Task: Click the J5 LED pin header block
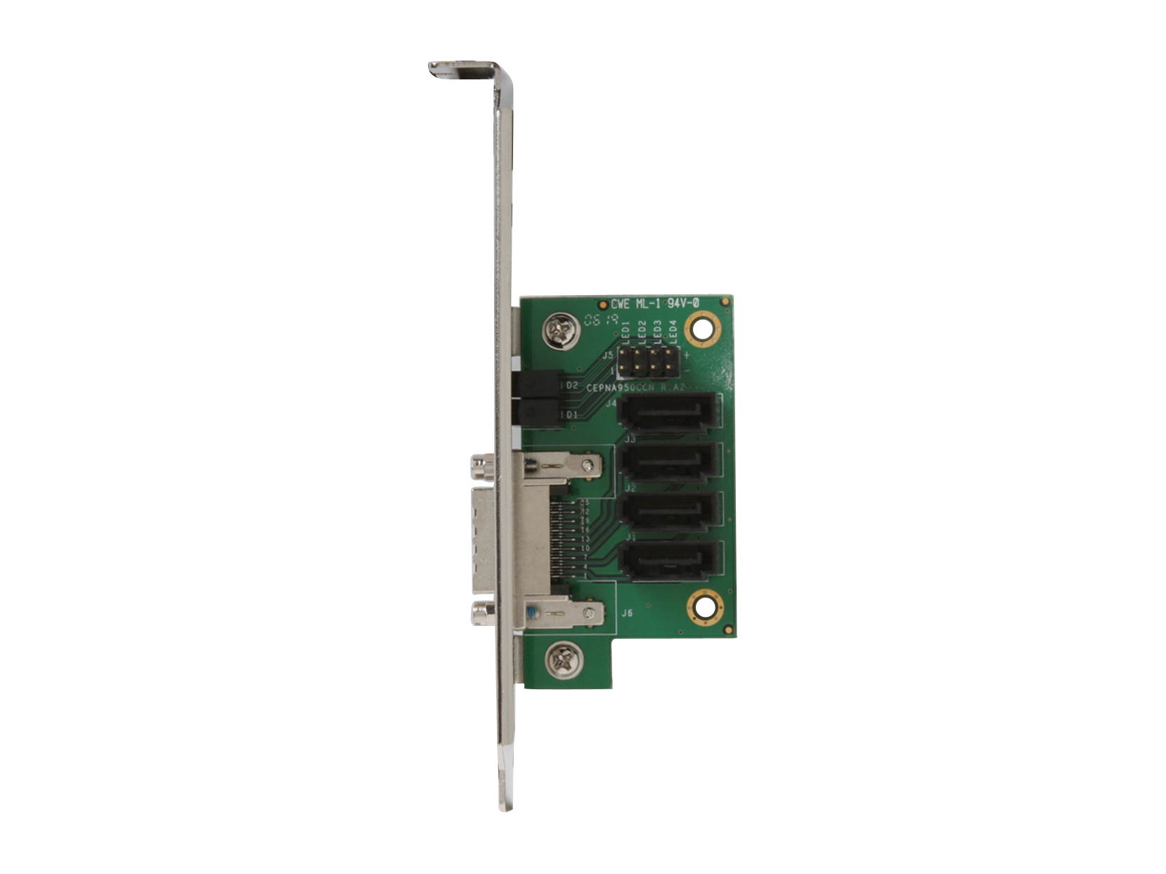(648, 360)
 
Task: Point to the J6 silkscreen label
(627, 613)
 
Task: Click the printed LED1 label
(626, 332)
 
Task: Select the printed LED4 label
(673, 332)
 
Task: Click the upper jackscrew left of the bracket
(482, 464)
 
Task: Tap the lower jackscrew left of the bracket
(483, 614)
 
